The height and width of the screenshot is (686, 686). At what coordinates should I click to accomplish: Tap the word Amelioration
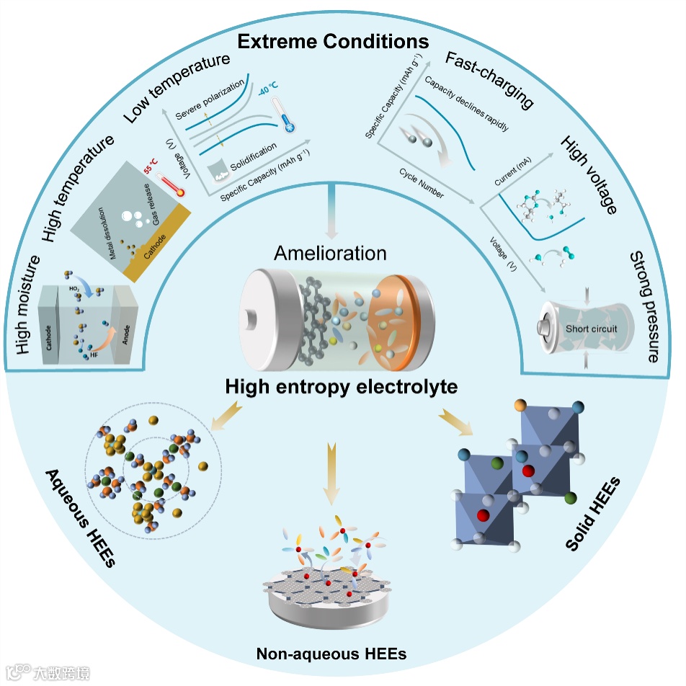tap(331, 253)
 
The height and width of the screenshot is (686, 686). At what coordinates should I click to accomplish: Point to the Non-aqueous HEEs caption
tap(331, 654)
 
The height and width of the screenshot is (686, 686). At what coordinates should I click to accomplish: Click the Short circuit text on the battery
tap(591, 329)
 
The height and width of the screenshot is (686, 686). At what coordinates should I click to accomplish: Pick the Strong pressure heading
tap(645, 306)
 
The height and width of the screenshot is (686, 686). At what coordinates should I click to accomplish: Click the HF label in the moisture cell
tap(94, 355)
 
